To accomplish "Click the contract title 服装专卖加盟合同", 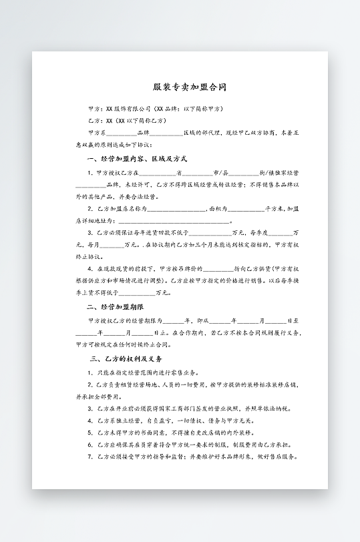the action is point(180,87).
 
